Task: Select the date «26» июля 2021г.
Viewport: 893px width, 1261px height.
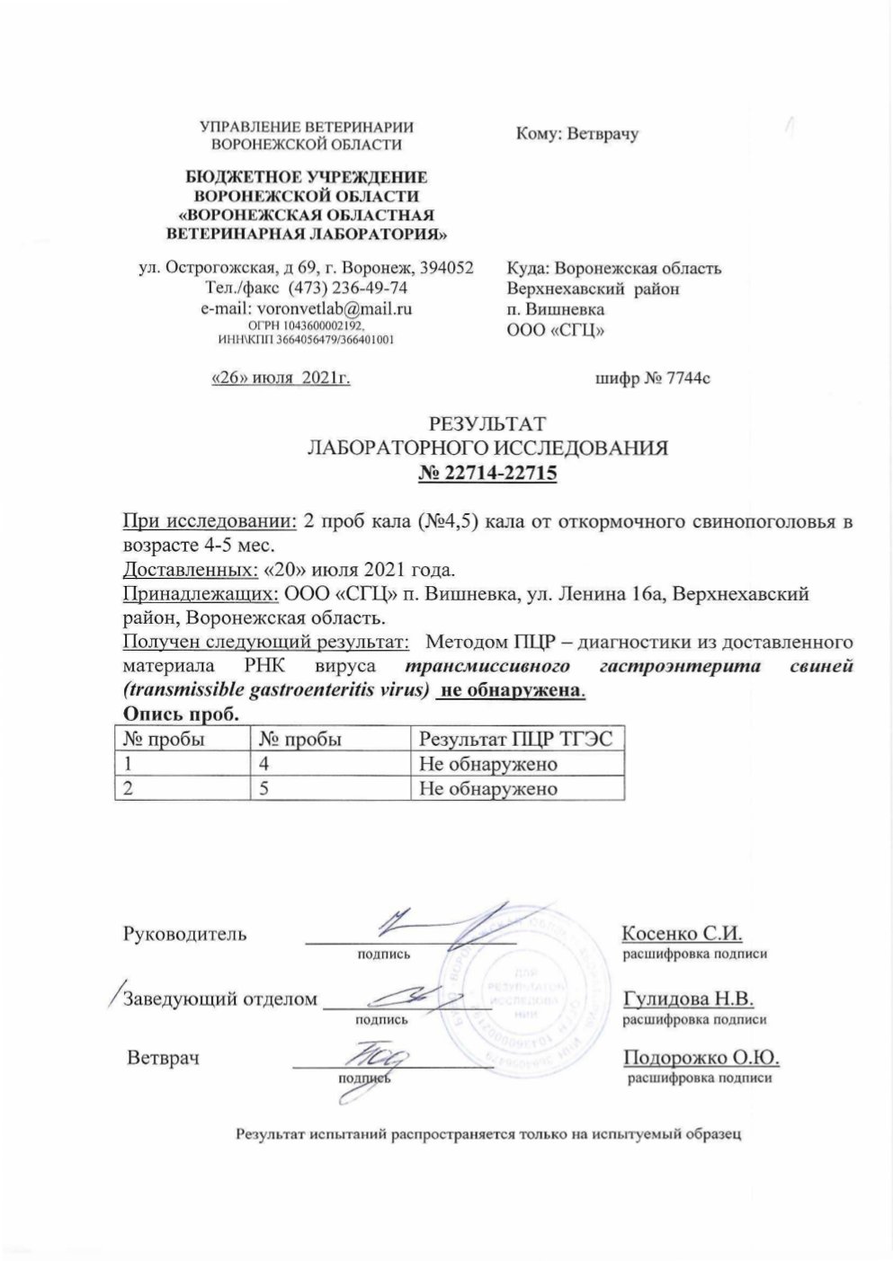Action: (280, 379)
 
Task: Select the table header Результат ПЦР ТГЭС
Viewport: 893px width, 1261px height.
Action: (516, 740)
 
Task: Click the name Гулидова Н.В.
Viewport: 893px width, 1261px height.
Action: (688, 999)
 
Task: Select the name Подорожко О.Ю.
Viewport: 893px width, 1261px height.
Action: (700, 1057)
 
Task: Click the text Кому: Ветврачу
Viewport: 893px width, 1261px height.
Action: (577, 134)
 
